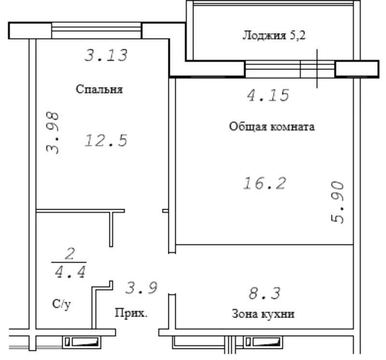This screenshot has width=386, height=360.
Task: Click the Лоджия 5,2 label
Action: tap(274, 35)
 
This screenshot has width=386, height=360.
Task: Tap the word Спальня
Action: tap(99, 89)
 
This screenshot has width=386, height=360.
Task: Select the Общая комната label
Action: tap(272, 127)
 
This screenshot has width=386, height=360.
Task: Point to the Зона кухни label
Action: tap(263, 314)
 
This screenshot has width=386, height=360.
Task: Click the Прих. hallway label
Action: tap(131, 313)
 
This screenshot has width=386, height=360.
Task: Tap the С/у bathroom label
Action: tap(62, 304)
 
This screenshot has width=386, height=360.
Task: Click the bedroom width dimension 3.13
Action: tap(106, 55)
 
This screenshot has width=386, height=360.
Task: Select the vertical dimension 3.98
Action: tap(53, 133)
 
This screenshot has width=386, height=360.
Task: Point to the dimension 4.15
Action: tap(268, 95)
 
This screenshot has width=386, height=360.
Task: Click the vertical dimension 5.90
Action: tap(337, 202)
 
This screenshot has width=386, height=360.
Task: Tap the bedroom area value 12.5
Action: tap(106, 140)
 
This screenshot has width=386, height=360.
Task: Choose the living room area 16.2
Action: tap(265, 183)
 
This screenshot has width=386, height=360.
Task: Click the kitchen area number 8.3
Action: tap(264, 293)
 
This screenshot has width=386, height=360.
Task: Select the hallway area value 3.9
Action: tap(141, 288)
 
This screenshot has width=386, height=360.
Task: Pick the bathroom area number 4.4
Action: tap(70, 272)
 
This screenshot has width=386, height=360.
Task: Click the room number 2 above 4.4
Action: tap(70, 254)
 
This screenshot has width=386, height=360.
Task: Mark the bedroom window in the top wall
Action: tap(96, 30)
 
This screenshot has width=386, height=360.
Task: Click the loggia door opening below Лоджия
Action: tap(290, 69)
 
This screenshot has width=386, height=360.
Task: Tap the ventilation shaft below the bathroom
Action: tap(82, 342)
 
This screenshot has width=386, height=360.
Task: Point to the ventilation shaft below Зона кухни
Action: tap(262, 342)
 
